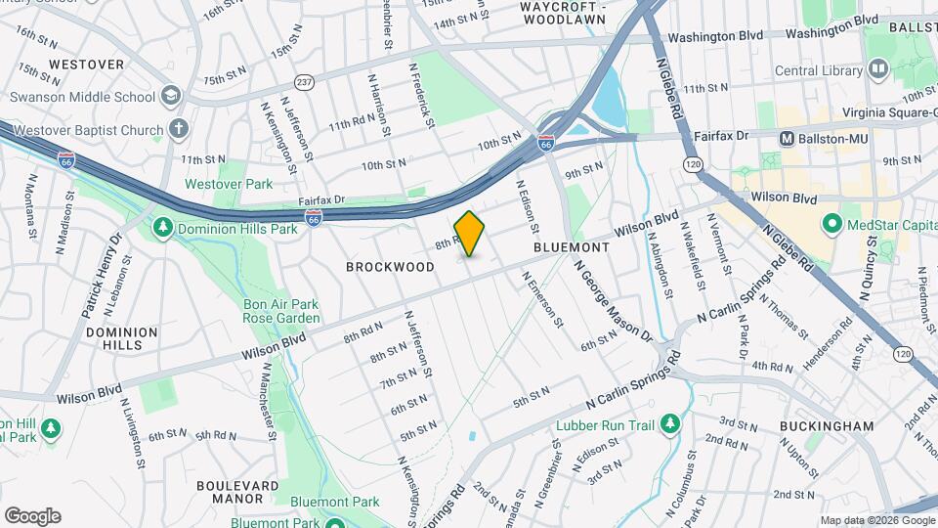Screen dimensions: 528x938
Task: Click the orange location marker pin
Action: pyautogui.click(x=470, y=234)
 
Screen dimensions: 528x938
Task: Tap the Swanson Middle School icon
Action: pyautogui.click(x=172, y=96)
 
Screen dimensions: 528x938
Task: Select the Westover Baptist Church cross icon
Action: pyautogui.click(x=178, y=129)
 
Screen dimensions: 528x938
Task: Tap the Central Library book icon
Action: pyautogui.click(x=876, y=69)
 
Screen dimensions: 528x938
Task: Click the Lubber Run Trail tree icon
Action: pyautogui.click(x=669, y=423)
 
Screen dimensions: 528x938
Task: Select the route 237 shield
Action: pyautogui.click(x=305, y=82)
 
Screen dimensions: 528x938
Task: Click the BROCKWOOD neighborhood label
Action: pyautogui.click(x=391, y=267)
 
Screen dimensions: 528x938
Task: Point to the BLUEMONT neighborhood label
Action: pyautogui.click(x=572, y=248)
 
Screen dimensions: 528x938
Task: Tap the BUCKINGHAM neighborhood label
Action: pyautogui.click(x=827, y=426)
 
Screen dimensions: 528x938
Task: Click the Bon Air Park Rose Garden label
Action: pyautogui.click(x=281, y=311)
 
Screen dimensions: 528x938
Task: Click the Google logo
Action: pyautogui.click(x=32, y=515)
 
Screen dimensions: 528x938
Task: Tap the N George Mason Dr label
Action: pyautogui.click(x=613, y=301)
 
